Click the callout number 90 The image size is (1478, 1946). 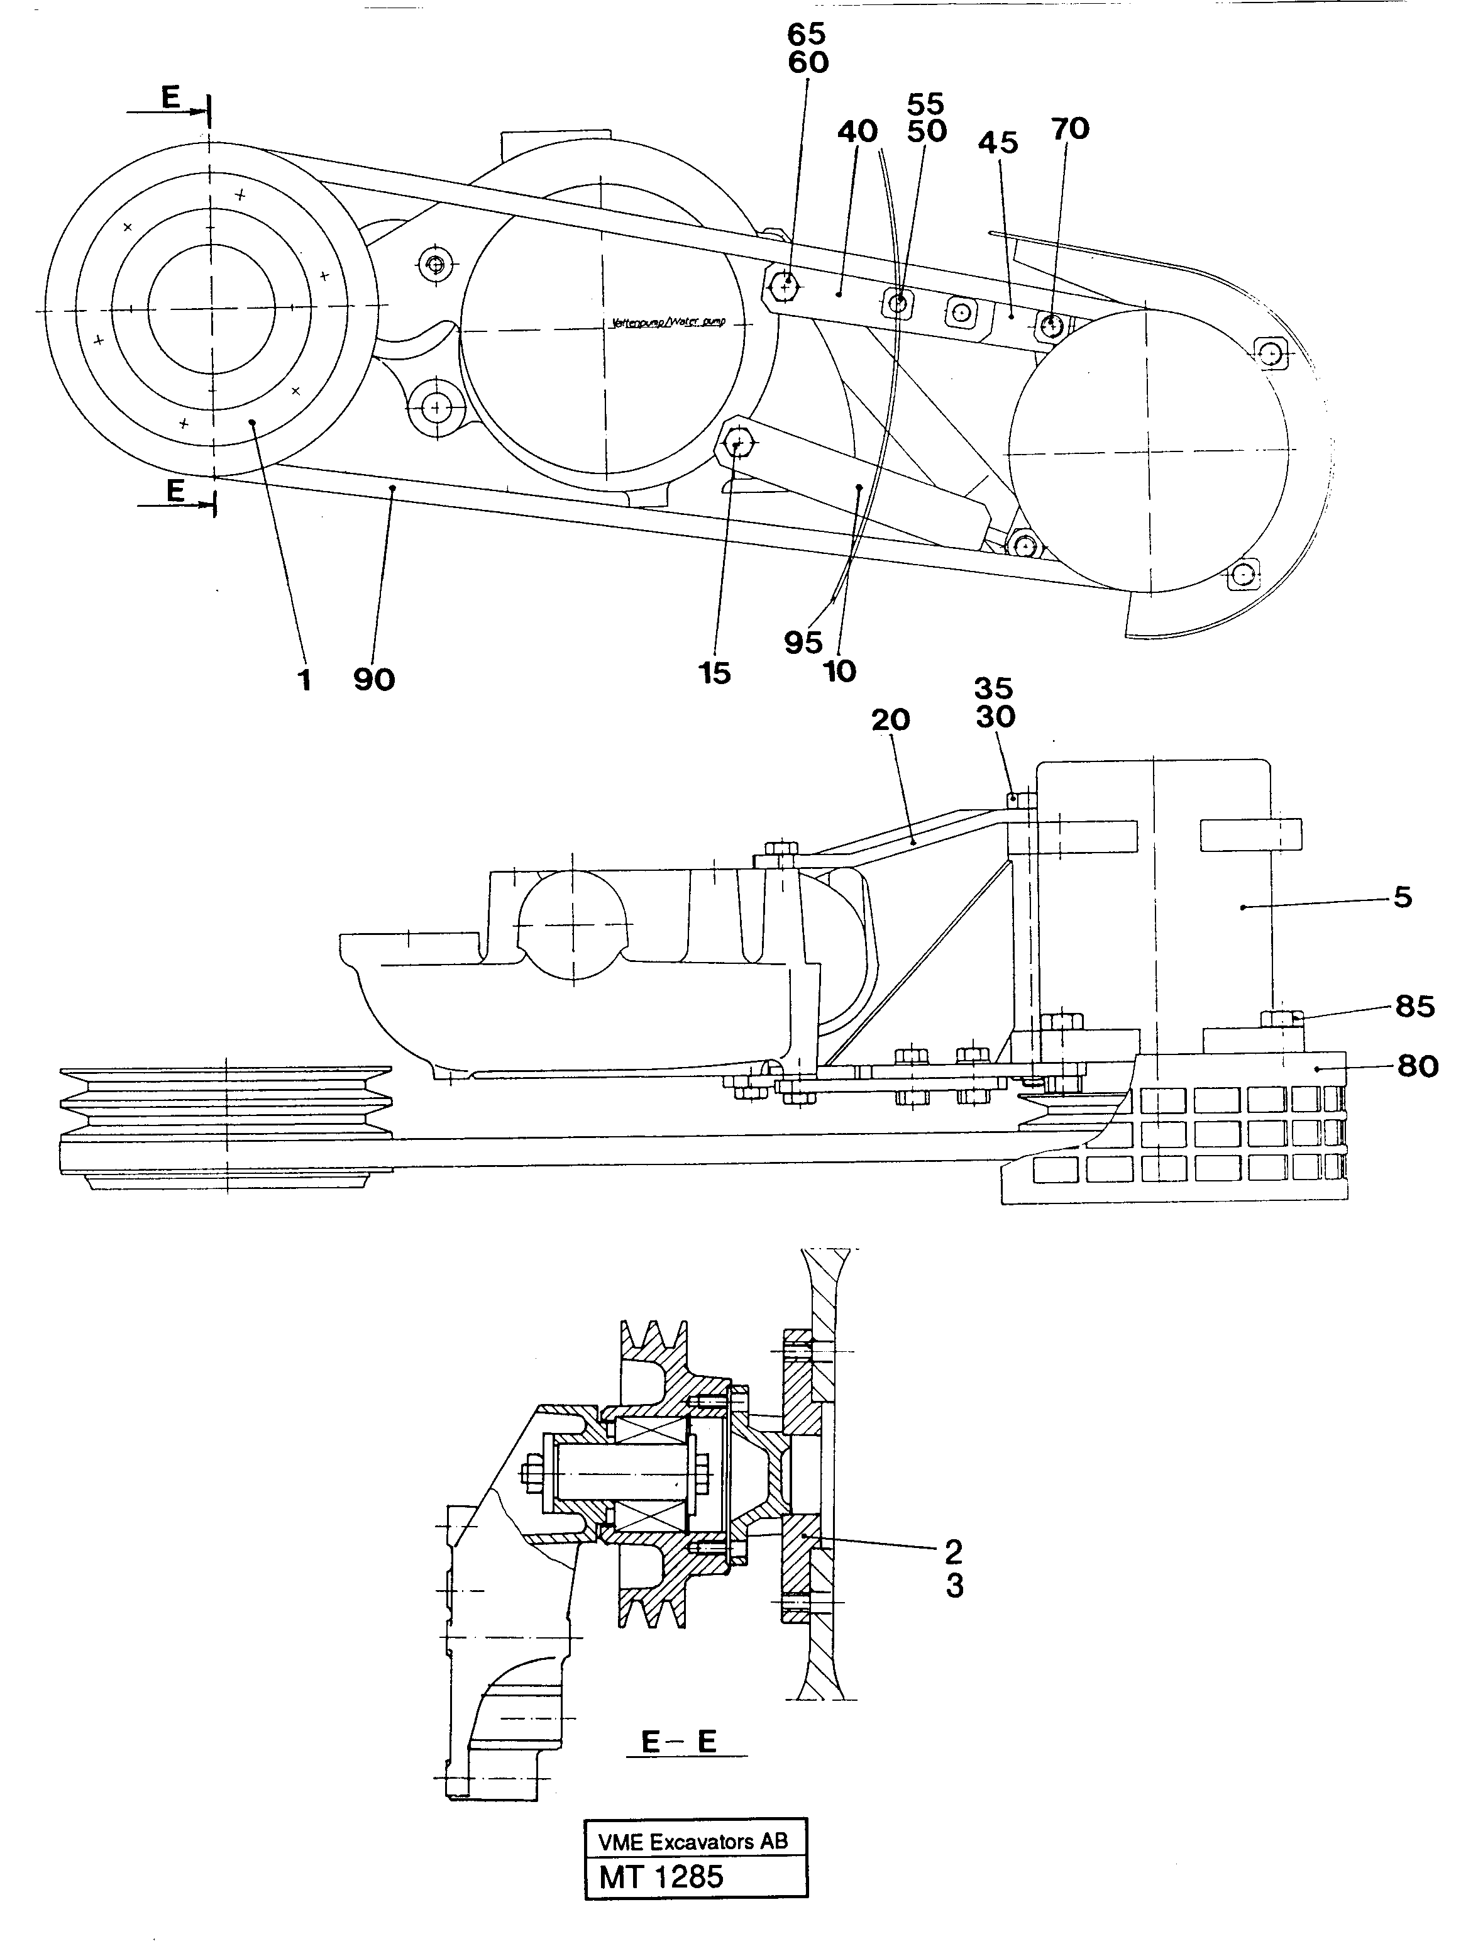374,680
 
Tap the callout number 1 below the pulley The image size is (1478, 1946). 304,680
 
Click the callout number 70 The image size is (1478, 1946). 1070,130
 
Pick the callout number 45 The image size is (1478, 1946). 998,143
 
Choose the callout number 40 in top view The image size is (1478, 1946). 857,132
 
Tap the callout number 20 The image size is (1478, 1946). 890,721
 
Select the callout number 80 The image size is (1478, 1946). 1417,1067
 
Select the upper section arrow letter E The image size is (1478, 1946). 170,99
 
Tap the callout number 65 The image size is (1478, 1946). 807,35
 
